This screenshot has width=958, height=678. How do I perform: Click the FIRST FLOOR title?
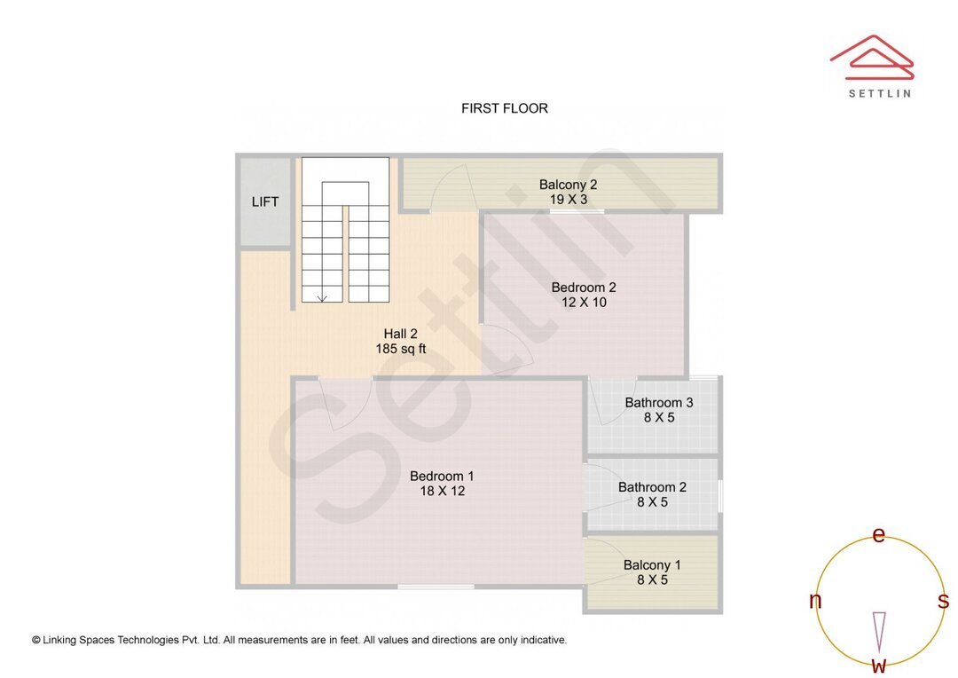tap(504, 108)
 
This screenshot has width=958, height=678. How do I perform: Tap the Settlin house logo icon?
tap(871, 57)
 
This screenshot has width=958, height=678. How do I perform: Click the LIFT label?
tap(265, 201)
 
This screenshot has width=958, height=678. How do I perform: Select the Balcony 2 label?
tap(568, 185)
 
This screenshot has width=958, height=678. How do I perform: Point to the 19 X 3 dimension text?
tap(568, 200)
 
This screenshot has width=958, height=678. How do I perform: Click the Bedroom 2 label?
tap(583, 287)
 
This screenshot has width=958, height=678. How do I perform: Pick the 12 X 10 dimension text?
tap(583, 303)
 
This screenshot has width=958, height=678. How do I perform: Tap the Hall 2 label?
tap(400, 334)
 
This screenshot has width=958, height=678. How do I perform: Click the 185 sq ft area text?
tap(400, 350)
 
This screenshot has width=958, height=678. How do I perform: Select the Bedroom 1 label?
tap(442, 476)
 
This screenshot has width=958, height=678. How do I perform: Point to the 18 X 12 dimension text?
tap(442, 491)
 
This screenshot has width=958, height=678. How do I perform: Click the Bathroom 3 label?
tap(658, 402)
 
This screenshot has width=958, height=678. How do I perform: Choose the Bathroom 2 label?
tap(652, 486)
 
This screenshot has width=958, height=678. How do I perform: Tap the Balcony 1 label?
tap(652, 564)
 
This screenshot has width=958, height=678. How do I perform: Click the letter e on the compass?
tap(879, 535)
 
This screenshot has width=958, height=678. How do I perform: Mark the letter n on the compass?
tap(815, 601)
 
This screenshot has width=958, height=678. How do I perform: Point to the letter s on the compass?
tap(943, 601)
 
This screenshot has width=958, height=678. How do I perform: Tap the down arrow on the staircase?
tap(322, 297)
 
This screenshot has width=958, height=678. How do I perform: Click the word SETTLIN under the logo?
tap(879, 93)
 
